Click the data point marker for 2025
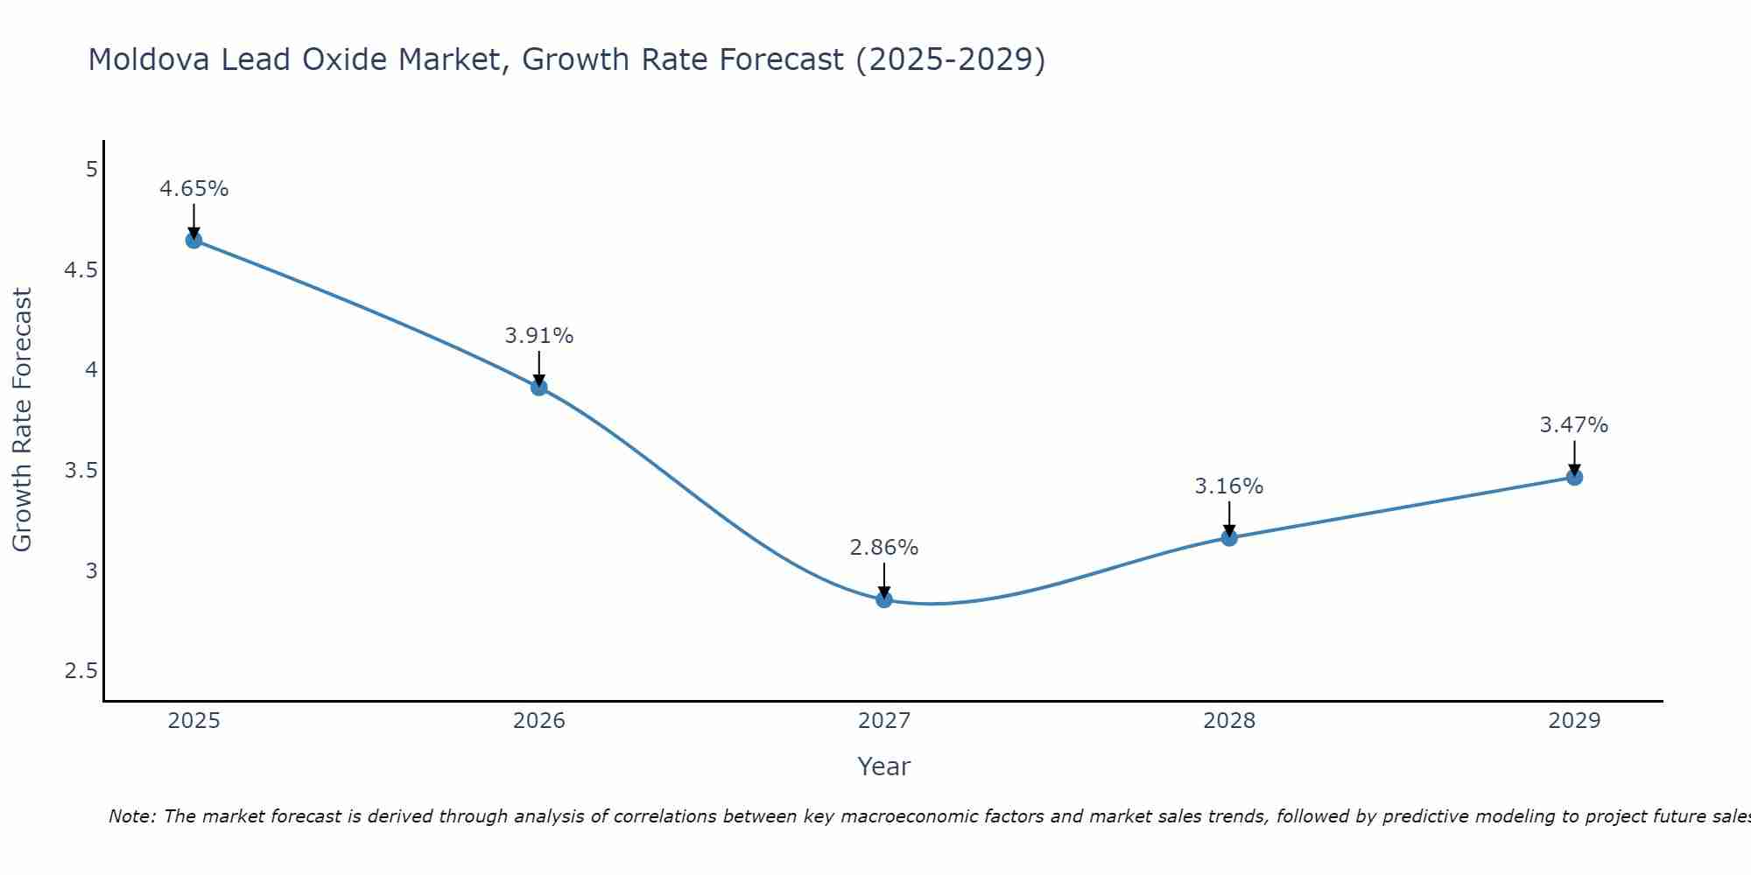(x=193, y=240)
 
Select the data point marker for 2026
(x=539, y=387)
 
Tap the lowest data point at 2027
(x=884, y=599)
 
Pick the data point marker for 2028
(x=1229, y=537)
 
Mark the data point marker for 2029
(x=1574, y=477)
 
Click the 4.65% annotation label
(x=193, y=189)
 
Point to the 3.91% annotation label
(x=539, y=336)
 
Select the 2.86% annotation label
(x=884, y=548)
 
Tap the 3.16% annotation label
(x=1229, y=486)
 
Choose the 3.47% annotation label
(x=1574, y=425)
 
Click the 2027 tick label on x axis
(x=884, y=721)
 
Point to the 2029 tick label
(x=1574, y=721)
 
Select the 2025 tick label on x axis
(x=193, y=721)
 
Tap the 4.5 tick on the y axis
(x=81, y=269)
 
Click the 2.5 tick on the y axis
(x=81, y=671)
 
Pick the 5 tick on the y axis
(x=91, y=169)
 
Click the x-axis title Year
(x=884, y=766)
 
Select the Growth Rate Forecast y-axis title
(x=22, y=420)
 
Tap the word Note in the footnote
(x=131, y=816)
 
